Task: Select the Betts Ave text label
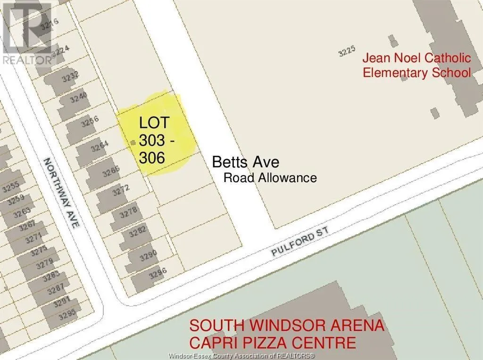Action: coord(245,162)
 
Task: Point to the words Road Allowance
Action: coord(270,178)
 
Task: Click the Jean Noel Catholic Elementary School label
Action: coord(416,66)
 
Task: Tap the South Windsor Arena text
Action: coord(287,326)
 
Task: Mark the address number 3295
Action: coord(65,310)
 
